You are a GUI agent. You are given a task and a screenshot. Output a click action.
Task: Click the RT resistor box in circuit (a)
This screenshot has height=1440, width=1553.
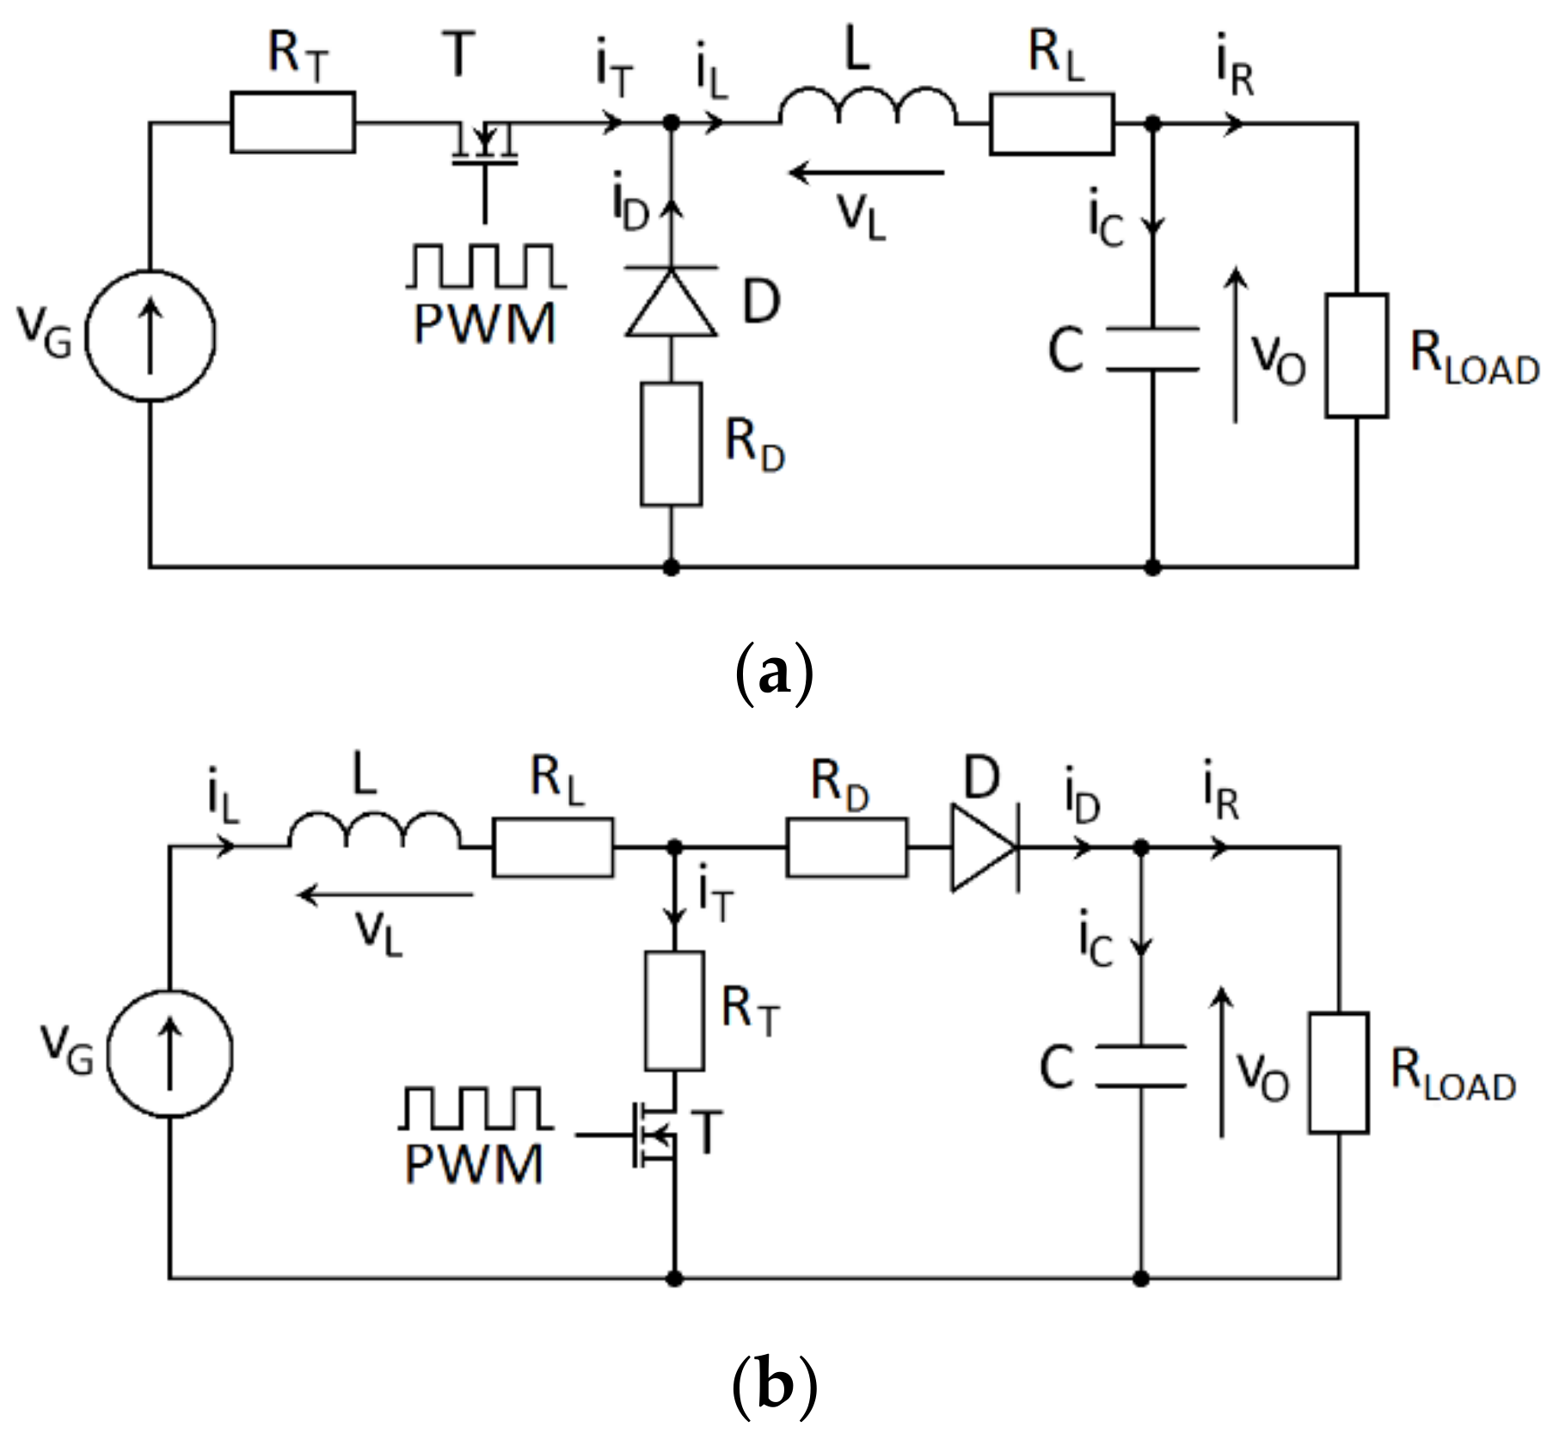(292, 123)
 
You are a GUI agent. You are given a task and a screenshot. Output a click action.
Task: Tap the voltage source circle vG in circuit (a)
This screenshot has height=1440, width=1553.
(150, 335)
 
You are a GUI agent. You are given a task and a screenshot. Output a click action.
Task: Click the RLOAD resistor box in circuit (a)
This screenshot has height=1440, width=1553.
(1356, 356)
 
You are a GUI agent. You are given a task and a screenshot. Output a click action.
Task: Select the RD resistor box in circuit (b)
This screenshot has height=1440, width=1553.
(846, 847)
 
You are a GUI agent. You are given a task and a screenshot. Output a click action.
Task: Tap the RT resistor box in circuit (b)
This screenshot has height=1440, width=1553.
(674, 1011)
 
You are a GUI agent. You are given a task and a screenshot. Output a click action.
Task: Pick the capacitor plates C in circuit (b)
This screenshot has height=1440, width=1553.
(1141, 1067)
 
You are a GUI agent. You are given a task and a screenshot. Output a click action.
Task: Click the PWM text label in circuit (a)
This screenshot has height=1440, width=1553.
(485, 325)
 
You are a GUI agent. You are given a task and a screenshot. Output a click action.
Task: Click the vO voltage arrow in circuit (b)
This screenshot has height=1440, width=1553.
(1222, 1062)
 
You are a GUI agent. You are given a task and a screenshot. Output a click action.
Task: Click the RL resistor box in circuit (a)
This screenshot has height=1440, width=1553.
(1052, 125)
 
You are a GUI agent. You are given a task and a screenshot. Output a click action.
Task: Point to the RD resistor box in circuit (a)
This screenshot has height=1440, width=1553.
(672, 445)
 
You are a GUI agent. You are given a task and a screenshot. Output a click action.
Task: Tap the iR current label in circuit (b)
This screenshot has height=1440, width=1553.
(1222, 799)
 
